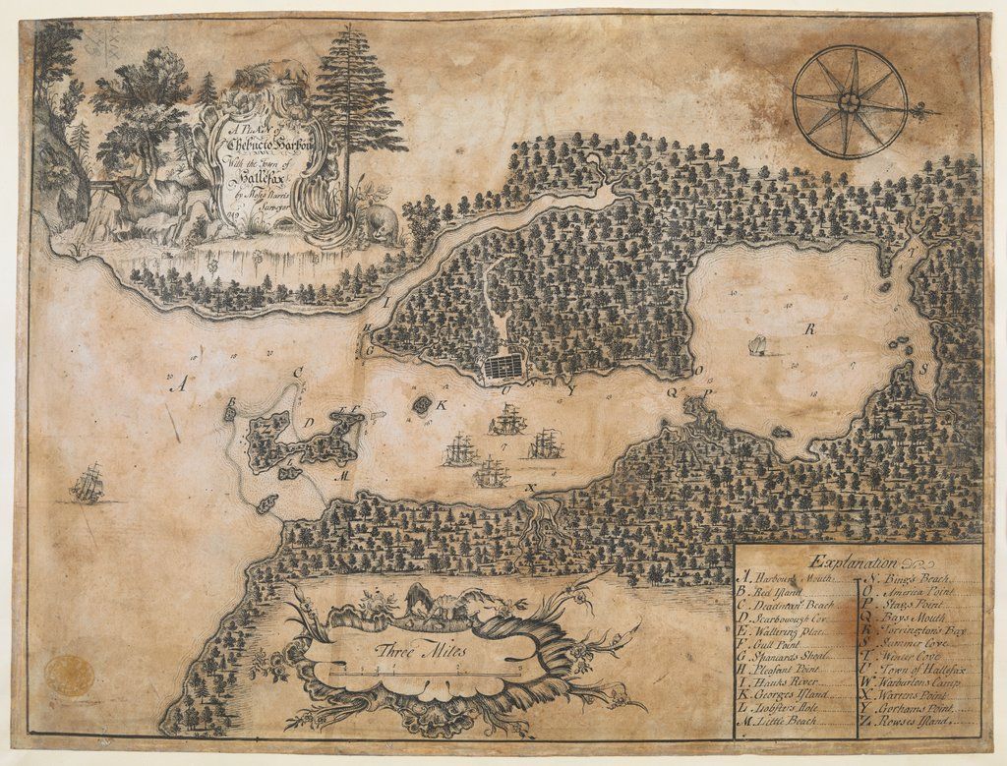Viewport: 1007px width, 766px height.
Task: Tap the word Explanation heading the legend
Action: [x=852, y=563]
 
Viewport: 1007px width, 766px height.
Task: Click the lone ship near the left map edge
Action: [x=88, y=484]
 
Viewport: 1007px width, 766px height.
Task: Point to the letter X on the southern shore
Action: [x=532, y=488]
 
